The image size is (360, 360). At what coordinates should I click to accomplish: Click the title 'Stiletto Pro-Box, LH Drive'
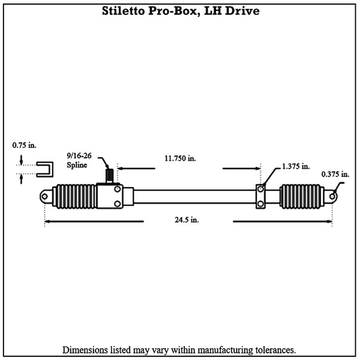click(x=179, y=12)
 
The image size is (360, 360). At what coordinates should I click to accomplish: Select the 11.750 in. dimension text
click(x=180, y=158)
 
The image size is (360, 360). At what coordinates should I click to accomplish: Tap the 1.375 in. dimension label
click(x=296, y=166)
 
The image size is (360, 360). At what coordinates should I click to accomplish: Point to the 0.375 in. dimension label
click(x=335, y=174)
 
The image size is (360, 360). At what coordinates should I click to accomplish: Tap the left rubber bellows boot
click(x=74, y=197)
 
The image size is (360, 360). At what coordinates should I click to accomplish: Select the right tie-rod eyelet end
click(x=332, y=195)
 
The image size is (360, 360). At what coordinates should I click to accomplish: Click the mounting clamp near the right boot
click(x=261, y=197)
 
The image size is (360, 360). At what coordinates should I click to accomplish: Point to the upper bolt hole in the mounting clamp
click(x=261, y=190)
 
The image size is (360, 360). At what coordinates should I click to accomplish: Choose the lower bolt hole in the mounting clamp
click(x=261, y=204)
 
